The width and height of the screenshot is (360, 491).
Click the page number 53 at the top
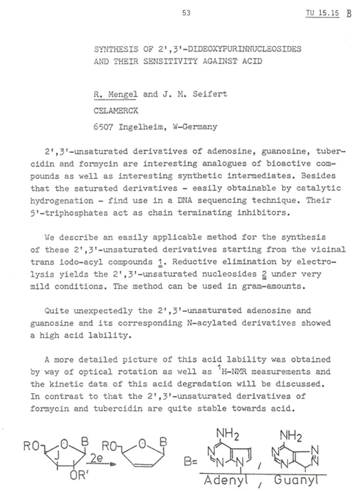tap(186, 13)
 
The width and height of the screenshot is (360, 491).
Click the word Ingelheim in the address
tap(141, 127)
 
